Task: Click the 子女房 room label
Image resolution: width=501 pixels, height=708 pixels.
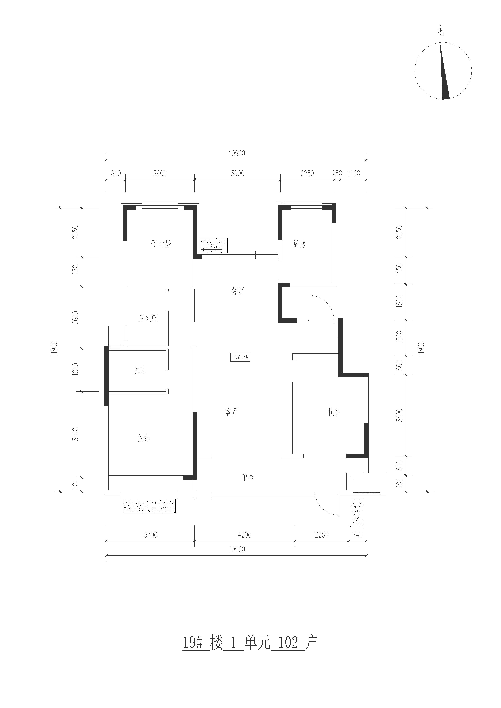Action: click(x=161, y=244)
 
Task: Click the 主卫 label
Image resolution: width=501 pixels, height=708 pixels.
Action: click(x=139, y=371)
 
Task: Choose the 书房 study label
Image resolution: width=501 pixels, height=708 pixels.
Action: click(x=333, y=412)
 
